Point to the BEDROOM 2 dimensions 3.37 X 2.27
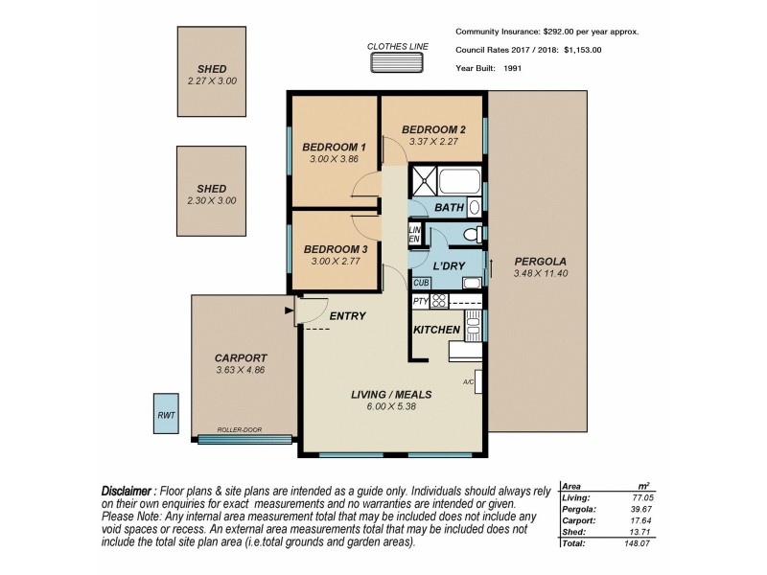433,143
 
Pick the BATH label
449,207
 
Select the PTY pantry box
420,301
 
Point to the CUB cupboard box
420,283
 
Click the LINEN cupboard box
415,235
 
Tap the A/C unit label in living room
469,381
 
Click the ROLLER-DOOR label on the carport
240,430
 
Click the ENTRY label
347,315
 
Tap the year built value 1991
511,69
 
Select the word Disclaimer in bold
128,491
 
